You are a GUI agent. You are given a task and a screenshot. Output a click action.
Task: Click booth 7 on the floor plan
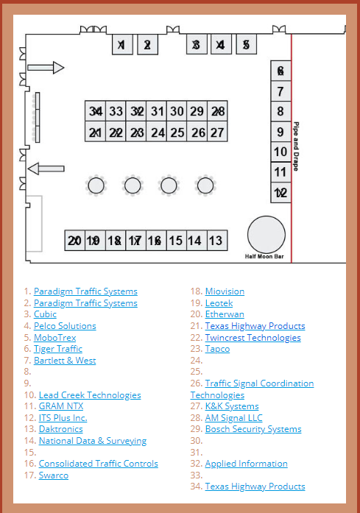(280, 91)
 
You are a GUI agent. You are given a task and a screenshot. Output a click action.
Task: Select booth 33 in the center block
(116, 111)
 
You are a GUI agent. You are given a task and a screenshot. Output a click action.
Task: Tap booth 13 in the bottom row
(217, 241)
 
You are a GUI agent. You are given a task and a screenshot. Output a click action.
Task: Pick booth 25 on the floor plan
(177, 132)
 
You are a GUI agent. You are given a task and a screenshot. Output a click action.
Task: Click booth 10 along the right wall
(280, 152)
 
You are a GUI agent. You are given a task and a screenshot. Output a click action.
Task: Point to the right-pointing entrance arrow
(46, 68)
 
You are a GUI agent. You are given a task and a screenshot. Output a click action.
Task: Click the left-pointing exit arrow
(46, 169)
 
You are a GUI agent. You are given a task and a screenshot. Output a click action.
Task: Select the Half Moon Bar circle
(267, 235)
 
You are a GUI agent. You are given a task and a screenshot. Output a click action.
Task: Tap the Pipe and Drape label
(296, 146)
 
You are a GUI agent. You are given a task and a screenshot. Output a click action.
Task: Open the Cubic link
(45, 314)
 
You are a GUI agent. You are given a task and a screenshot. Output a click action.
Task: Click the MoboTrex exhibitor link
(55, 337)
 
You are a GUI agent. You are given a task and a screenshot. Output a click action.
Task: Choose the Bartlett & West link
(65, 360)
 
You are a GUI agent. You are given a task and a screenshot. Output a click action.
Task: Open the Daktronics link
(61, 429)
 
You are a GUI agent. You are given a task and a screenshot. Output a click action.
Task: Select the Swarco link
(54, 475)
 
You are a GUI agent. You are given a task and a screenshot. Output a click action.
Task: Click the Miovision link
(225, 291)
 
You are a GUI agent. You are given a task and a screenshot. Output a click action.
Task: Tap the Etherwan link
(225, 314)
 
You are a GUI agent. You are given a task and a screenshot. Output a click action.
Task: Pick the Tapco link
(217, 349)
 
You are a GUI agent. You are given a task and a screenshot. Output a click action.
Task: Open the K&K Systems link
(232, 406)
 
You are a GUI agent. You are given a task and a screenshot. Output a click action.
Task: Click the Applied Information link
(247, 464)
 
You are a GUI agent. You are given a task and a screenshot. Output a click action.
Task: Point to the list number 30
(197, 441)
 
